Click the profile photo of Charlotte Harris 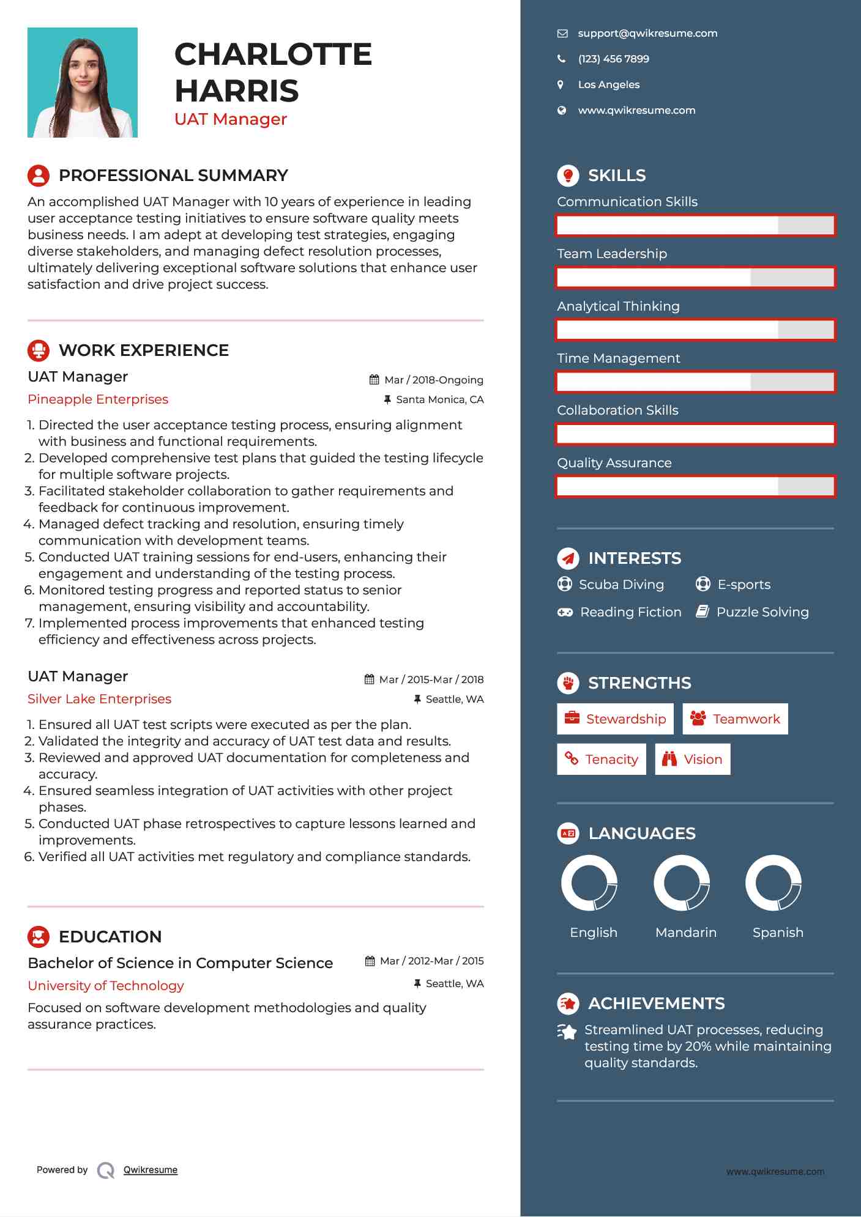(x=83, y=83)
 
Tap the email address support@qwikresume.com (x=647, y=34)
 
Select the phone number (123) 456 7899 (x=613, y=59)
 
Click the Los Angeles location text (x=608, y=85)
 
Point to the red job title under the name (x=231, y=119)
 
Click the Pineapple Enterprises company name (x=98, y=399)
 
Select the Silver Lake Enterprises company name (x=99, y=699)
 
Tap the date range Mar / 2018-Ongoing (x=433, y=380)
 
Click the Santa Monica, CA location (x=439, y=400)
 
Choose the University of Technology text (x=106, y=986)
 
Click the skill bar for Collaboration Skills (x=695, y=434)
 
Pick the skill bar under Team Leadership (x=695, y=278)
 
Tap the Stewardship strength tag (x=615, y=719)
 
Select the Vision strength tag (x=693, y=760)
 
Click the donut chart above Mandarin (x=682, y=882)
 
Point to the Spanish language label (x=778, y=933)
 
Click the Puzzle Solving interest (x=762, y=612)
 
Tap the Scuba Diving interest (x=621, y=585)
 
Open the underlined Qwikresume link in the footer (x=151, y=1170)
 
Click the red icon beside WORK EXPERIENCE (x=39, y=350)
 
